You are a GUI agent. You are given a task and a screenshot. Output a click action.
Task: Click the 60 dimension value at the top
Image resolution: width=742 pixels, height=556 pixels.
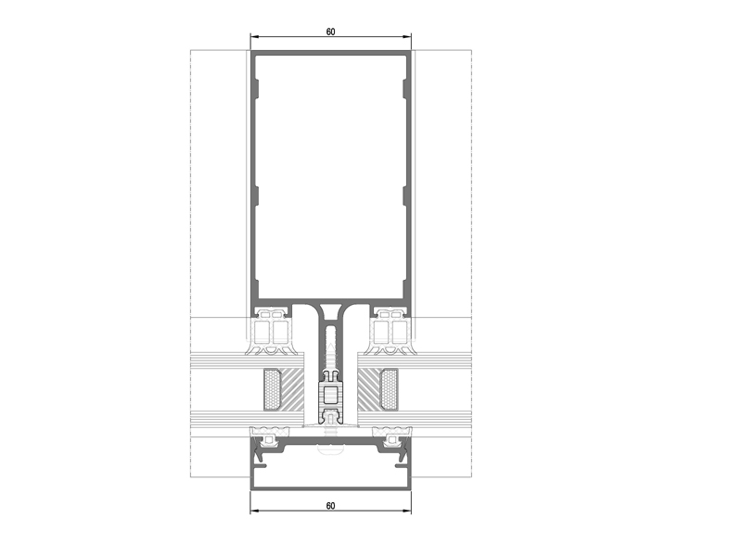[330, 32]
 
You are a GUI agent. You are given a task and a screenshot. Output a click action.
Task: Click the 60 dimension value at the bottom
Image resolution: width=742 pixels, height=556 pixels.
[330, 506]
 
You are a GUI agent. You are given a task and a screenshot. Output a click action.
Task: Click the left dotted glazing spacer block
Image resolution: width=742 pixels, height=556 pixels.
[272, 389]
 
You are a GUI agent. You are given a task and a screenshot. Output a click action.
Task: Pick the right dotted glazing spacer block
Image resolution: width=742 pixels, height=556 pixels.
[389, 389]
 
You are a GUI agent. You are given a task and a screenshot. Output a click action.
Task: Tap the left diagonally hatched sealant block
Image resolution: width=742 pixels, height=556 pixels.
[292, 389]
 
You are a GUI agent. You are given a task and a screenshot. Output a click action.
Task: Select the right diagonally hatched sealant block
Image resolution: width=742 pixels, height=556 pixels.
[369, 389]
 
